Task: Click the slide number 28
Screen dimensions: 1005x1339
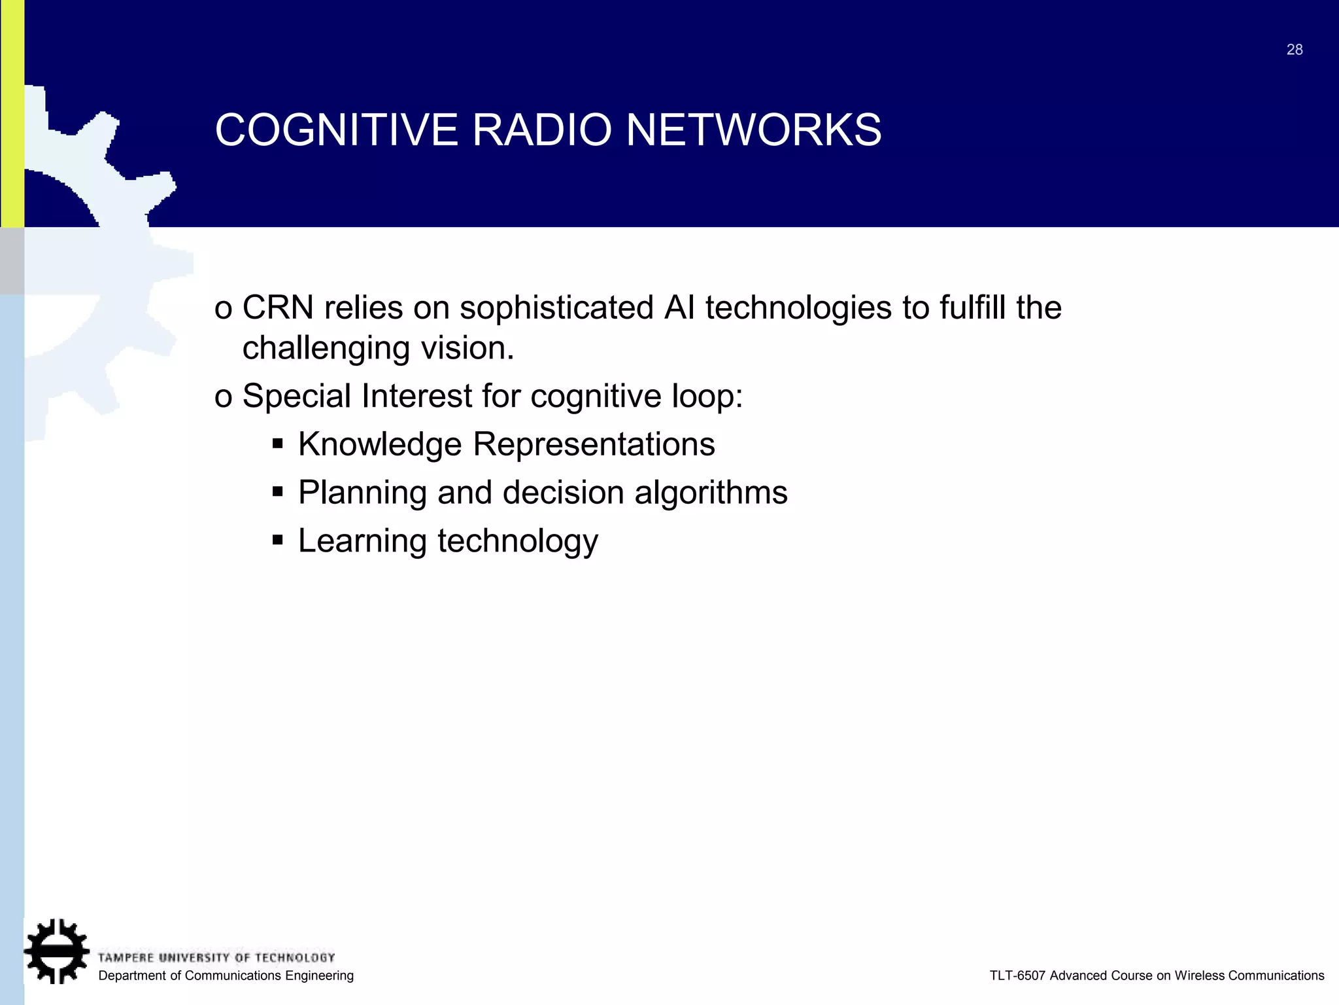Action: point(1294,50)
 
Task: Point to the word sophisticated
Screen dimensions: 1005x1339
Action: point(556,309)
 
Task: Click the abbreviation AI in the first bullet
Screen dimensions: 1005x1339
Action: point(679,308)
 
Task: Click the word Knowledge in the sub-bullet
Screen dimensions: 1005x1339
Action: point(380,445)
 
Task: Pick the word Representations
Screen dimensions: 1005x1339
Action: point(594,445)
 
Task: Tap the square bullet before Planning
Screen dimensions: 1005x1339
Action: point(278,491)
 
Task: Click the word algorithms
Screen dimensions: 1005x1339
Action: point(711,493)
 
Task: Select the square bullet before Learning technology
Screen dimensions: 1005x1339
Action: point(278,540)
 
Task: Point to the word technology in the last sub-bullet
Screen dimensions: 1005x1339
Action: point(517,542)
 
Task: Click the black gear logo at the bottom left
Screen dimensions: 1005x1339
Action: point(57,951)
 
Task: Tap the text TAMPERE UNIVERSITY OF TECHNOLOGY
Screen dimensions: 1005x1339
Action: point(216,958)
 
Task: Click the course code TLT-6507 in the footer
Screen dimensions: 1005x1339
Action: point(1017,976)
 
